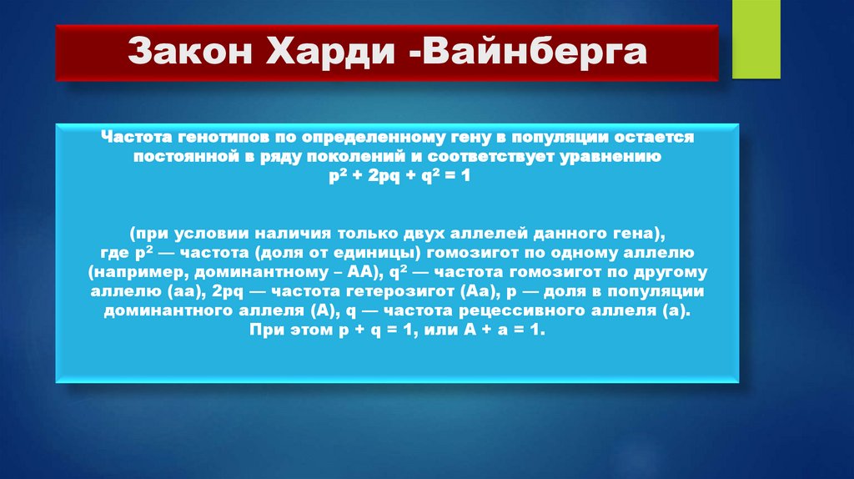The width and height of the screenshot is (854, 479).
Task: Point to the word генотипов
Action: pyautogui.click(x=211, y=135)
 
